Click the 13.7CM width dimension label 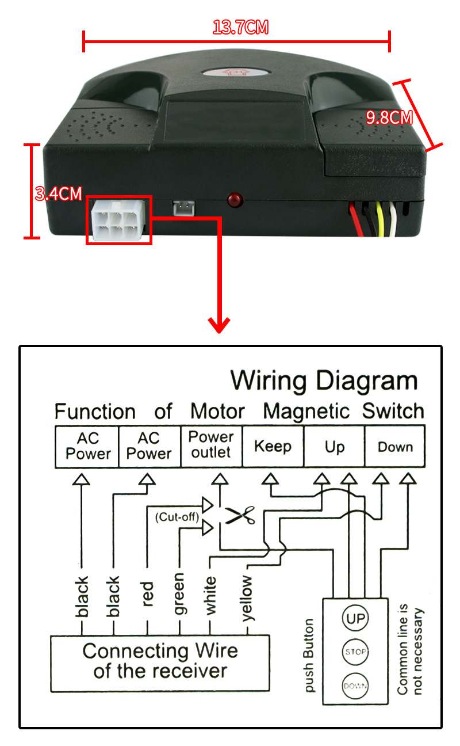click(240, 27)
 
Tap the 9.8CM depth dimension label click(389, 117)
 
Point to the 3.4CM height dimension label click(58, 193)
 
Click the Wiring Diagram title click(324, 381)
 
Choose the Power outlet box click(212, 445)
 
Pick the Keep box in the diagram click(273, 446)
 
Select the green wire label click(179, 593)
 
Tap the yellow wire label click(247, 597)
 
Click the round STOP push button click(355, 652)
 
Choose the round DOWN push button click(355, 685)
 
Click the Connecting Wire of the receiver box click(160, 661)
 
